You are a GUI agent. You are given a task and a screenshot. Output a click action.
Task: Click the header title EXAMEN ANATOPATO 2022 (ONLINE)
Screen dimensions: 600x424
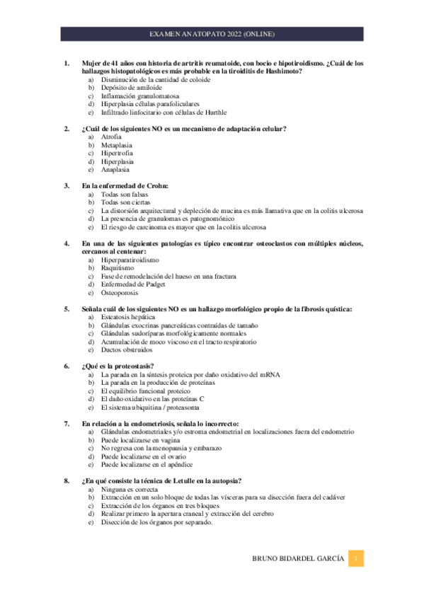(x=213, y=34)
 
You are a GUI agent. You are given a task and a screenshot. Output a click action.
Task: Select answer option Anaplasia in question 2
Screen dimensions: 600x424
(x=115, y=170)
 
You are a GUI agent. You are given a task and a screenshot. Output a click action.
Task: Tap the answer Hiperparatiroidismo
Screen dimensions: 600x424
(x=130, y=260)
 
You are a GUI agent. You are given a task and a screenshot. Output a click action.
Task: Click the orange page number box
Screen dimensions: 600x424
(x=357, y=559)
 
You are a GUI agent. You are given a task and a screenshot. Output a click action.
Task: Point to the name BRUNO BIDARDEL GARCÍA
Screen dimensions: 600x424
(x=299, y=559)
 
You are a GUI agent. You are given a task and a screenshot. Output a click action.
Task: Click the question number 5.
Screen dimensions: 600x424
(x=67, y=309)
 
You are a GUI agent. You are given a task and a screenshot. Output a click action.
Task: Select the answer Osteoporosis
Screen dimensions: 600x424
(x=120, y=293)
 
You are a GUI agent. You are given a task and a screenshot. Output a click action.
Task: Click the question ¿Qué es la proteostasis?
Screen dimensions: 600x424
(x=118, y=366)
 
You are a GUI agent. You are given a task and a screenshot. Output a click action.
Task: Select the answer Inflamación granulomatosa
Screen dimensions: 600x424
(x=140, y=96)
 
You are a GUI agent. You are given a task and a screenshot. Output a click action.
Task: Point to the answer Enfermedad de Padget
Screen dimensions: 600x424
(x=132, y=284)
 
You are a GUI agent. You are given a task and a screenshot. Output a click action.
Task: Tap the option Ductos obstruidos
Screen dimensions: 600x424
(x=126, y=350)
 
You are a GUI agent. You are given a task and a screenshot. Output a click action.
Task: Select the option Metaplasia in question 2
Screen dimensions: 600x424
(x=117, y=145)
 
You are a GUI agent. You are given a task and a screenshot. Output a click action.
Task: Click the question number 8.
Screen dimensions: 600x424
(x=67, y=480)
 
